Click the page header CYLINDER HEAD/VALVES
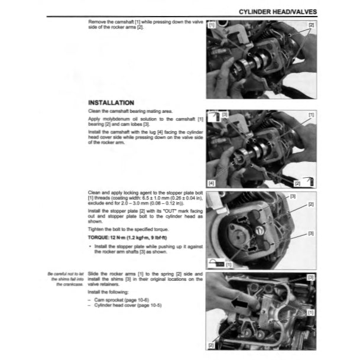(x=277, y=11)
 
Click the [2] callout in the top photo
(x=311, y=25)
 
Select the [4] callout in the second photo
(x=212, y=183)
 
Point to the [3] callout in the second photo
(x=225, y=113)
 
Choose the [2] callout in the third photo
(x=311, y=204)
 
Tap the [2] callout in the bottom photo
(x=212, y=343)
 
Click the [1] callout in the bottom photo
(x=311, y=312)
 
